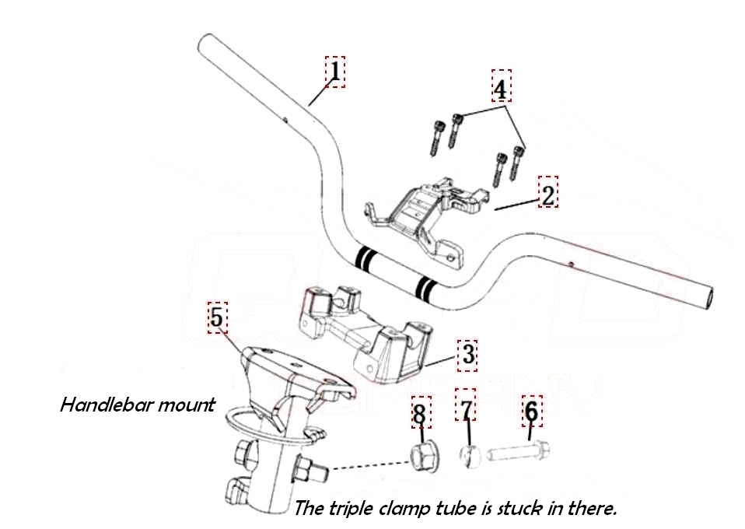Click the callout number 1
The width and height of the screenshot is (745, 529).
tap(334, 71)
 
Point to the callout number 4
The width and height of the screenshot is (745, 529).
tap(501, 87)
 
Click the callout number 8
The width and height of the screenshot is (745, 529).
tap(421, 414)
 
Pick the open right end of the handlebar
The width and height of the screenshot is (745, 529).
tap(708, 296)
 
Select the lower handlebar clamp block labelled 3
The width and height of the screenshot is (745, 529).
tap(365, 331)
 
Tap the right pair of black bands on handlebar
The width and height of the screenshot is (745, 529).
tap(425, 289)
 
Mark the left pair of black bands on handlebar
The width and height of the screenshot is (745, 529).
tap(364, 258)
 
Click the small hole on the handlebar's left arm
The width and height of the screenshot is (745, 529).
tap(285, 120)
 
